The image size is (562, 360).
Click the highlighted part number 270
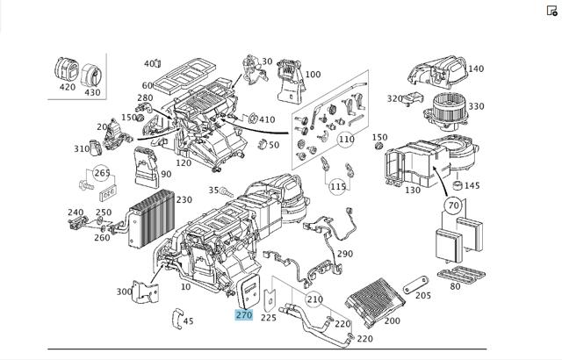pos(244,315)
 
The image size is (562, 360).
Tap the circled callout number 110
pos(346,139)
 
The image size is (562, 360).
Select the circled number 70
pos(453,205)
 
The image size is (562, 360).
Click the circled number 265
pos(102,173)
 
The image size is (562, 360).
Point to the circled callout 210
pos(314,299)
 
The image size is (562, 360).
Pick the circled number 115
pos(338,187)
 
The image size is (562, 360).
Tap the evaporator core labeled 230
pos(152,219)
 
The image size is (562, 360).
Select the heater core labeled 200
pos(375,301)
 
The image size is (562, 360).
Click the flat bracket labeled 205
pos(415,284)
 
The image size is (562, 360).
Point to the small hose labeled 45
pos(177,319)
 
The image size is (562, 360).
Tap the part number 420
pos(68,87)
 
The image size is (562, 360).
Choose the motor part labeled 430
pos(91,76)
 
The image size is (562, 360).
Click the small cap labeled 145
pos(458,185)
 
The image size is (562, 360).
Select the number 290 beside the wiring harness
pos(345,254)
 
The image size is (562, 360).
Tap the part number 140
pos(476,68)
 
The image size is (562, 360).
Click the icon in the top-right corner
pos(552,11)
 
